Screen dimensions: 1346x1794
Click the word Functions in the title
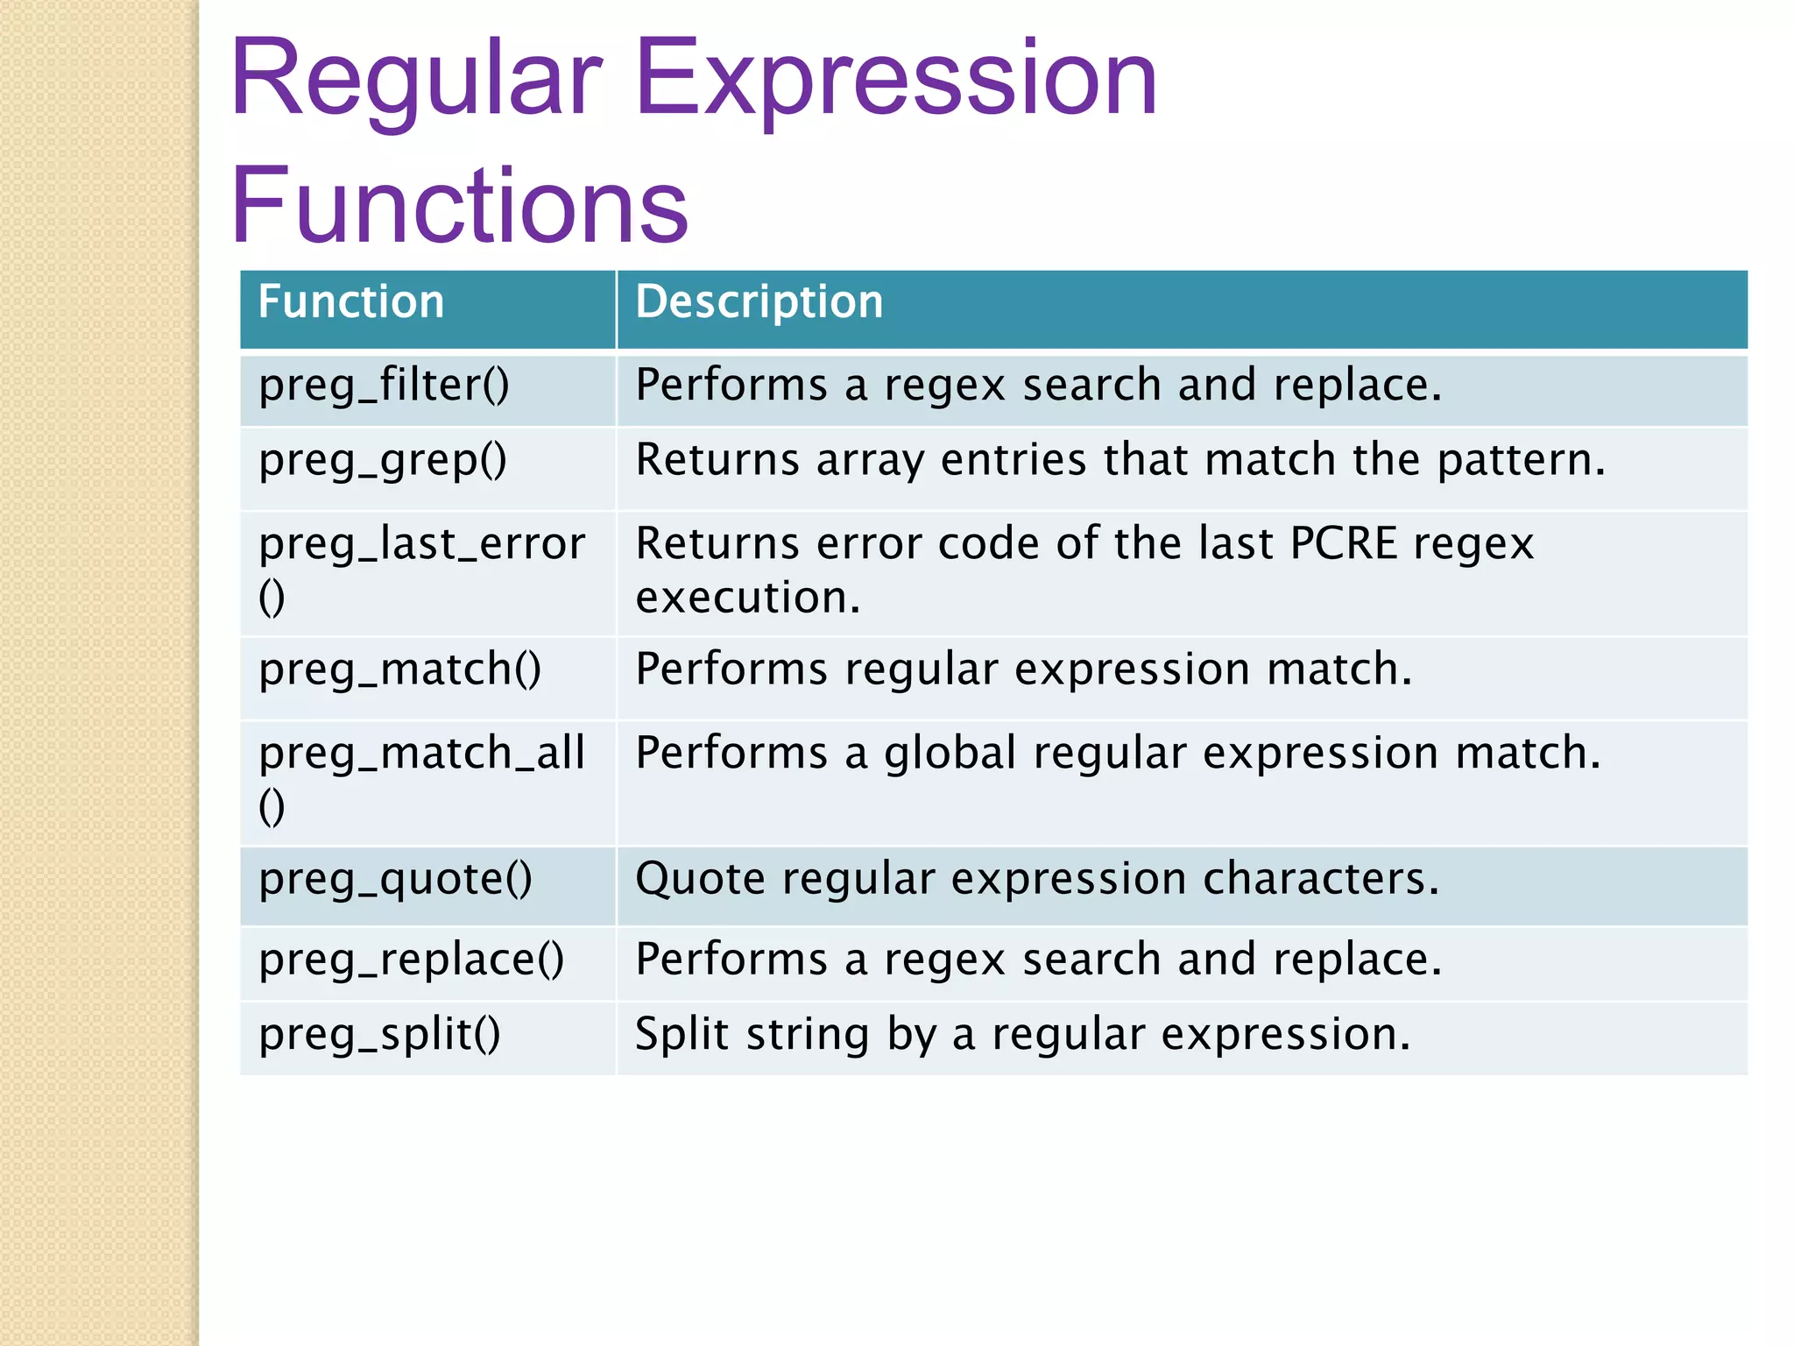tap(459, 207)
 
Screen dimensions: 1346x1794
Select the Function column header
tap(351, 302)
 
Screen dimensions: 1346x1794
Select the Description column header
tap(759, 302)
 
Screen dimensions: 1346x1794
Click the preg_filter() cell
tap(384, 386)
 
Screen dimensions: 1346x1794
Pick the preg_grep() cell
tap(383, 461)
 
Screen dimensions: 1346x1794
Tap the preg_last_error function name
tap(421, 544)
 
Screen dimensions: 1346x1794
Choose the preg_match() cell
tap(400, 670)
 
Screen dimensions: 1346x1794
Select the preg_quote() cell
tap(395, 880)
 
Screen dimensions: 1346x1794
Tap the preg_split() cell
tap(379, 1035)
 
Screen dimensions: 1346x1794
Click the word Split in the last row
tap(682, 1034)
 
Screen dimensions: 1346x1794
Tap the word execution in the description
tap(747, 598)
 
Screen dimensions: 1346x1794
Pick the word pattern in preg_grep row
tap(1521, 461)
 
